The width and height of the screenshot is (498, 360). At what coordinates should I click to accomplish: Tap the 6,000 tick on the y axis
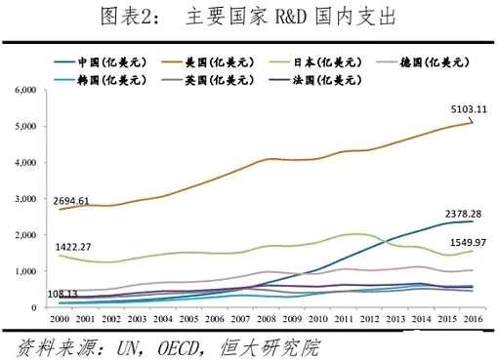click(x=22, y=91)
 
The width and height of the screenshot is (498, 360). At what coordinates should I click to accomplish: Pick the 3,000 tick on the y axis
click(x=22, y=199)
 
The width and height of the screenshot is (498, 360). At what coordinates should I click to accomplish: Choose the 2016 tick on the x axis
click(x=474, y=319)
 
